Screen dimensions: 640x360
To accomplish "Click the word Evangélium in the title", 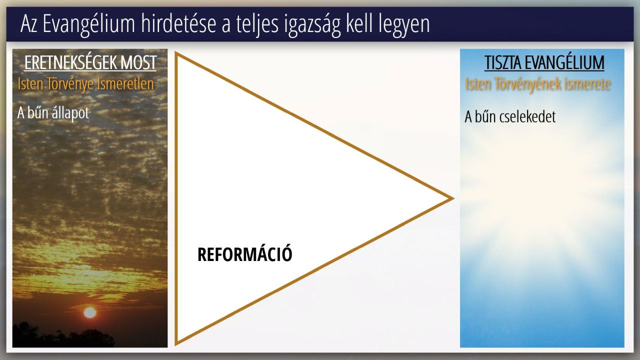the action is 88,24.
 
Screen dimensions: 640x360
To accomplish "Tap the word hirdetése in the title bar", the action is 178,24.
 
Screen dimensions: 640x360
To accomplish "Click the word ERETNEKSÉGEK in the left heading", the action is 70,62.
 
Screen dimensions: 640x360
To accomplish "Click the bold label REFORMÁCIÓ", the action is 245,254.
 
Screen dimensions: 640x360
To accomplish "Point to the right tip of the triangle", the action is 453,198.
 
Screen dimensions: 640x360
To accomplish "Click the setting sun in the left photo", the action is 90,312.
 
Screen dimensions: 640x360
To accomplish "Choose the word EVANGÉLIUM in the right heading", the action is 564,62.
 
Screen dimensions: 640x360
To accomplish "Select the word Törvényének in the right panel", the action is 528,84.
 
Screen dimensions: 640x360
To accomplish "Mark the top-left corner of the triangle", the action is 176,53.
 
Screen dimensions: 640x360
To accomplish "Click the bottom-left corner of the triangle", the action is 176,344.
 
